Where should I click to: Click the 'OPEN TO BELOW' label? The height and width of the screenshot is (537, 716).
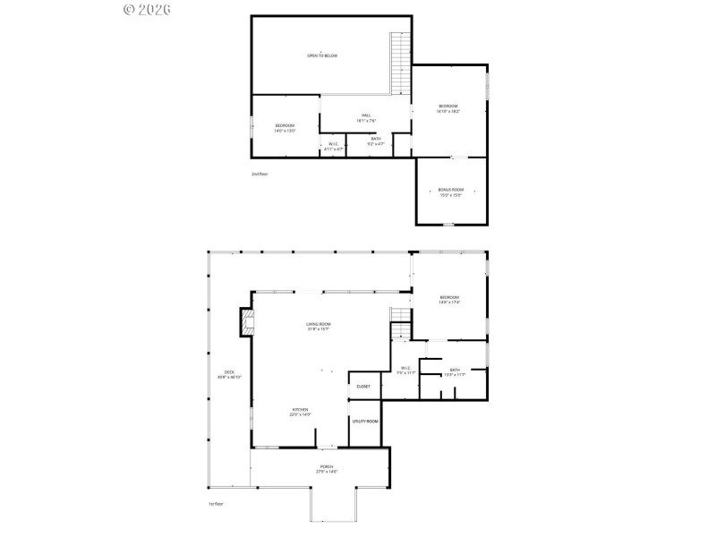tap(322, 55)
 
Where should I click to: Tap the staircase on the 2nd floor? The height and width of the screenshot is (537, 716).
tap(399, 62)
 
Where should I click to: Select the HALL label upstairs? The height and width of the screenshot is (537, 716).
tap(367, 117)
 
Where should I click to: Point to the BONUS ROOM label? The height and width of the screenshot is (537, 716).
tap(451, 192)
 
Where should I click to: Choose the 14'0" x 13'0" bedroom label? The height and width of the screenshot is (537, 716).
tap(285, 127)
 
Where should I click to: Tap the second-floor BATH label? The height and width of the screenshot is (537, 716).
tap(376, 141)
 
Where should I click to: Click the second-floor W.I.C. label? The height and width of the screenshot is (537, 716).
tap(333, 146)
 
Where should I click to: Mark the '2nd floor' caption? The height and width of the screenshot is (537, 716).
tap(260, 174)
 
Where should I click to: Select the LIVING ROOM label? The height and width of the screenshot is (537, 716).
tap(319, 326)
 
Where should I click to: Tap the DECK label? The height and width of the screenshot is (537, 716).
tap(229, 374)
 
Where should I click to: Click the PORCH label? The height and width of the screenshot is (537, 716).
tap(327, 468)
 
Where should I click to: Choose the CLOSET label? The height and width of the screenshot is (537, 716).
tap(363, 386)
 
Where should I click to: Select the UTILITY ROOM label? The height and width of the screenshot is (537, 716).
tap(365, 421)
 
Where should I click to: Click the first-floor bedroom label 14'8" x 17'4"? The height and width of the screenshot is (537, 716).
tap(449, 299)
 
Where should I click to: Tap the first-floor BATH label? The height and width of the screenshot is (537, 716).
tap(455, 371)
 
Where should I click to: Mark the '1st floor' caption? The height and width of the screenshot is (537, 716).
tap(215, 504)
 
